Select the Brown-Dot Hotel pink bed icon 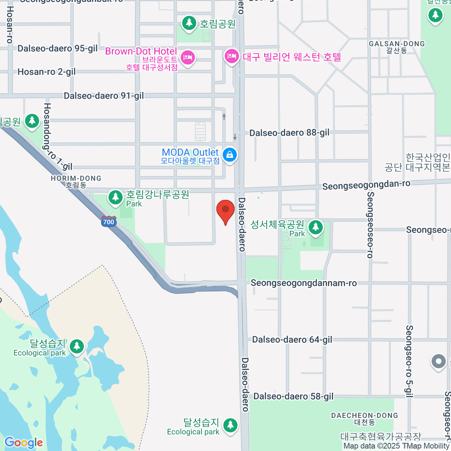(187, 58)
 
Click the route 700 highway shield (109, 222)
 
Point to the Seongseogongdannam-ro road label (304, 283)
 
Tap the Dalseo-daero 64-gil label (292, 340)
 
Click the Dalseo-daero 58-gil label (293, 397)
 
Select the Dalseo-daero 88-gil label (289, 133)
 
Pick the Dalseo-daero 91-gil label (103, 96)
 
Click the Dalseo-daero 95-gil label (58, 48)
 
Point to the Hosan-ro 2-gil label (47, 72)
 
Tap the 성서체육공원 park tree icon (315, 227)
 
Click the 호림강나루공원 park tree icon (115, 197)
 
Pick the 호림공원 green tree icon (189, 23)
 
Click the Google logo (24, 443)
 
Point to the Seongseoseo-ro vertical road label (370, 225)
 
